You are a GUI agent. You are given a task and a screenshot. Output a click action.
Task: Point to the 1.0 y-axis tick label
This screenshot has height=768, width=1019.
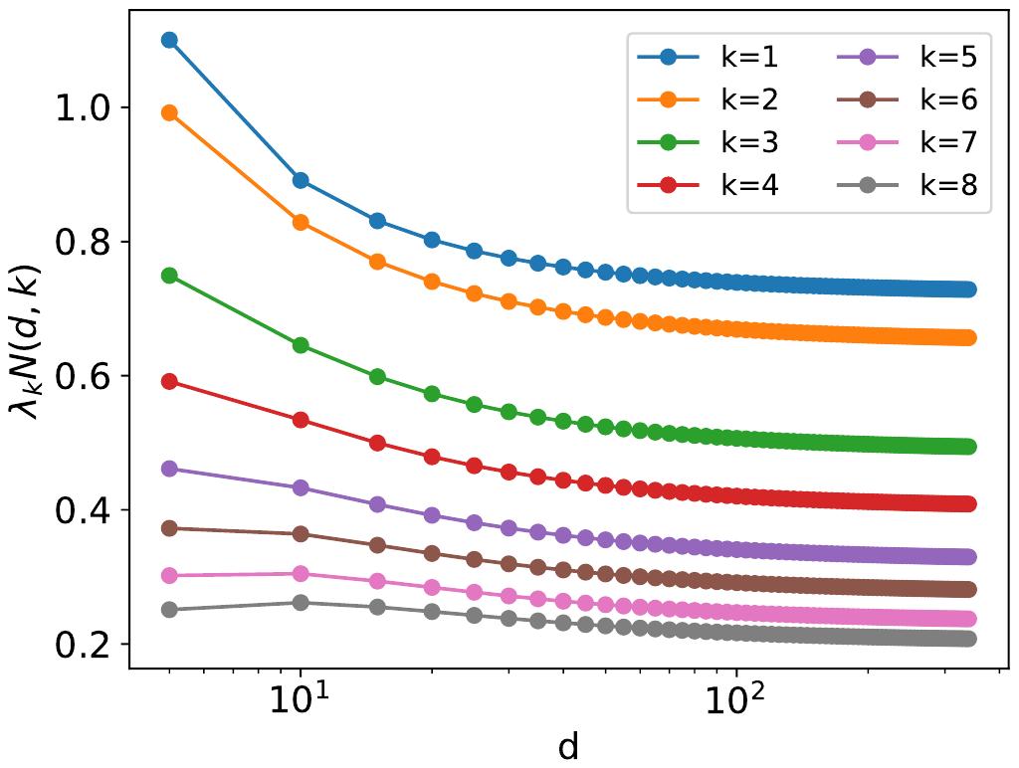(x=79, y=108)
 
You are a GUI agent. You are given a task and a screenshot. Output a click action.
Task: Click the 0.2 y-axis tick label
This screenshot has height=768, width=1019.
(x=79, y=645)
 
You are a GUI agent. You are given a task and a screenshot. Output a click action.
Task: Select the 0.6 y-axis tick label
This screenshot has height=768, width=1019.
(x=79, y=376)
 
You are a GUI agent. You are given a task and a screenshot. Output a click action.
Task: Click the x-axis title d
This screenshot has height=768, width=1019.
(x=568, y=747)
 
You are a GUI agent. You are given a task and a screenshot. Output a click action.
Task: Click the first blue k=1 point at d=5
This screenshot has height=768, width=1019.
(x=169, y=40)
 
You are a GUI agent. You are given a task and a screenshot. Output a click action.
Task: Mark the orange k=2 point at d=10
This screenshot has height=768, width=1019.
(x=300, y=222)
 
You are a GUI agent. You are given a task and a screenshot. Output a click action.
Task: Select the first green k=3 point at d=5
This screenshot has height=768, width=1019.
(x=169, y=276)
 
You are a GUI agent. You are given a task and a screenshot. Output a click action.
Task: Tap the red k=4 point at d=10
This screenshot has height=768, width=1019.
(x=300, y=420)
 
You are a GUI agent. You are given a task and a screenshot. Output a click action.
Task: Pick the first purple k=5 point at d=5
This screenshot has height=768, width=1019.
(x=169, y=469)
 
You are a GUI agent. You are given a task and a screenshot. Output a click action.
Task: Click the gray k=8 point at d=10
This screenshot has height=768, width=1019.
(x=300, y=603)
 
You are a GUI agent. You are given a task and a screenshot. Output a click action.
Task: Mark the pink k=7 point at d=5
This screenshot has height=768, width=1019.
(x=169, y=575)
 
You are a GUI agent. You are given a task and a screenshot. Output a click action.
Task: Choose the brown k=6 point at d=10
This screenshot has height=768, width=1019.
(x=300, y=534)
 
